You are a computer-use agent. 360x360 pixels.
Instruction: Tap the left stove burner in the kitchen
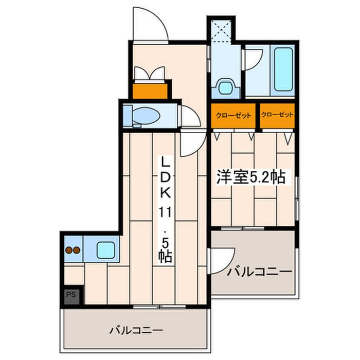click(68, 251)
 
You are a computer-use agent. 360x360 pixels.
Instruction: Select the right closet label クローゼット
click(277, 115)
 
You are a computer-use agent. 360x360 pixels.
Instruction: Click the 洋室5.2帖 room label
click(250, 177)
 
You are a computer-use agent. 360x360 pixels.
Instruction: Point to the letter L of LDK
click(166, 162)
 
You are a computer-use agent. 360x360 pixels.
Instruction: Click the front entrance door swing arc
click(149, 23)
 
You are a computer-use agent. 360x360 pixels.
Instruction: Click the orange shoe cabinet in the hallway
click(150, 91)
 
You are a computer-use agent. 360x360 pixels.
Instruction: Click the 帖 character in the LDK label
click(166, 255)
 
